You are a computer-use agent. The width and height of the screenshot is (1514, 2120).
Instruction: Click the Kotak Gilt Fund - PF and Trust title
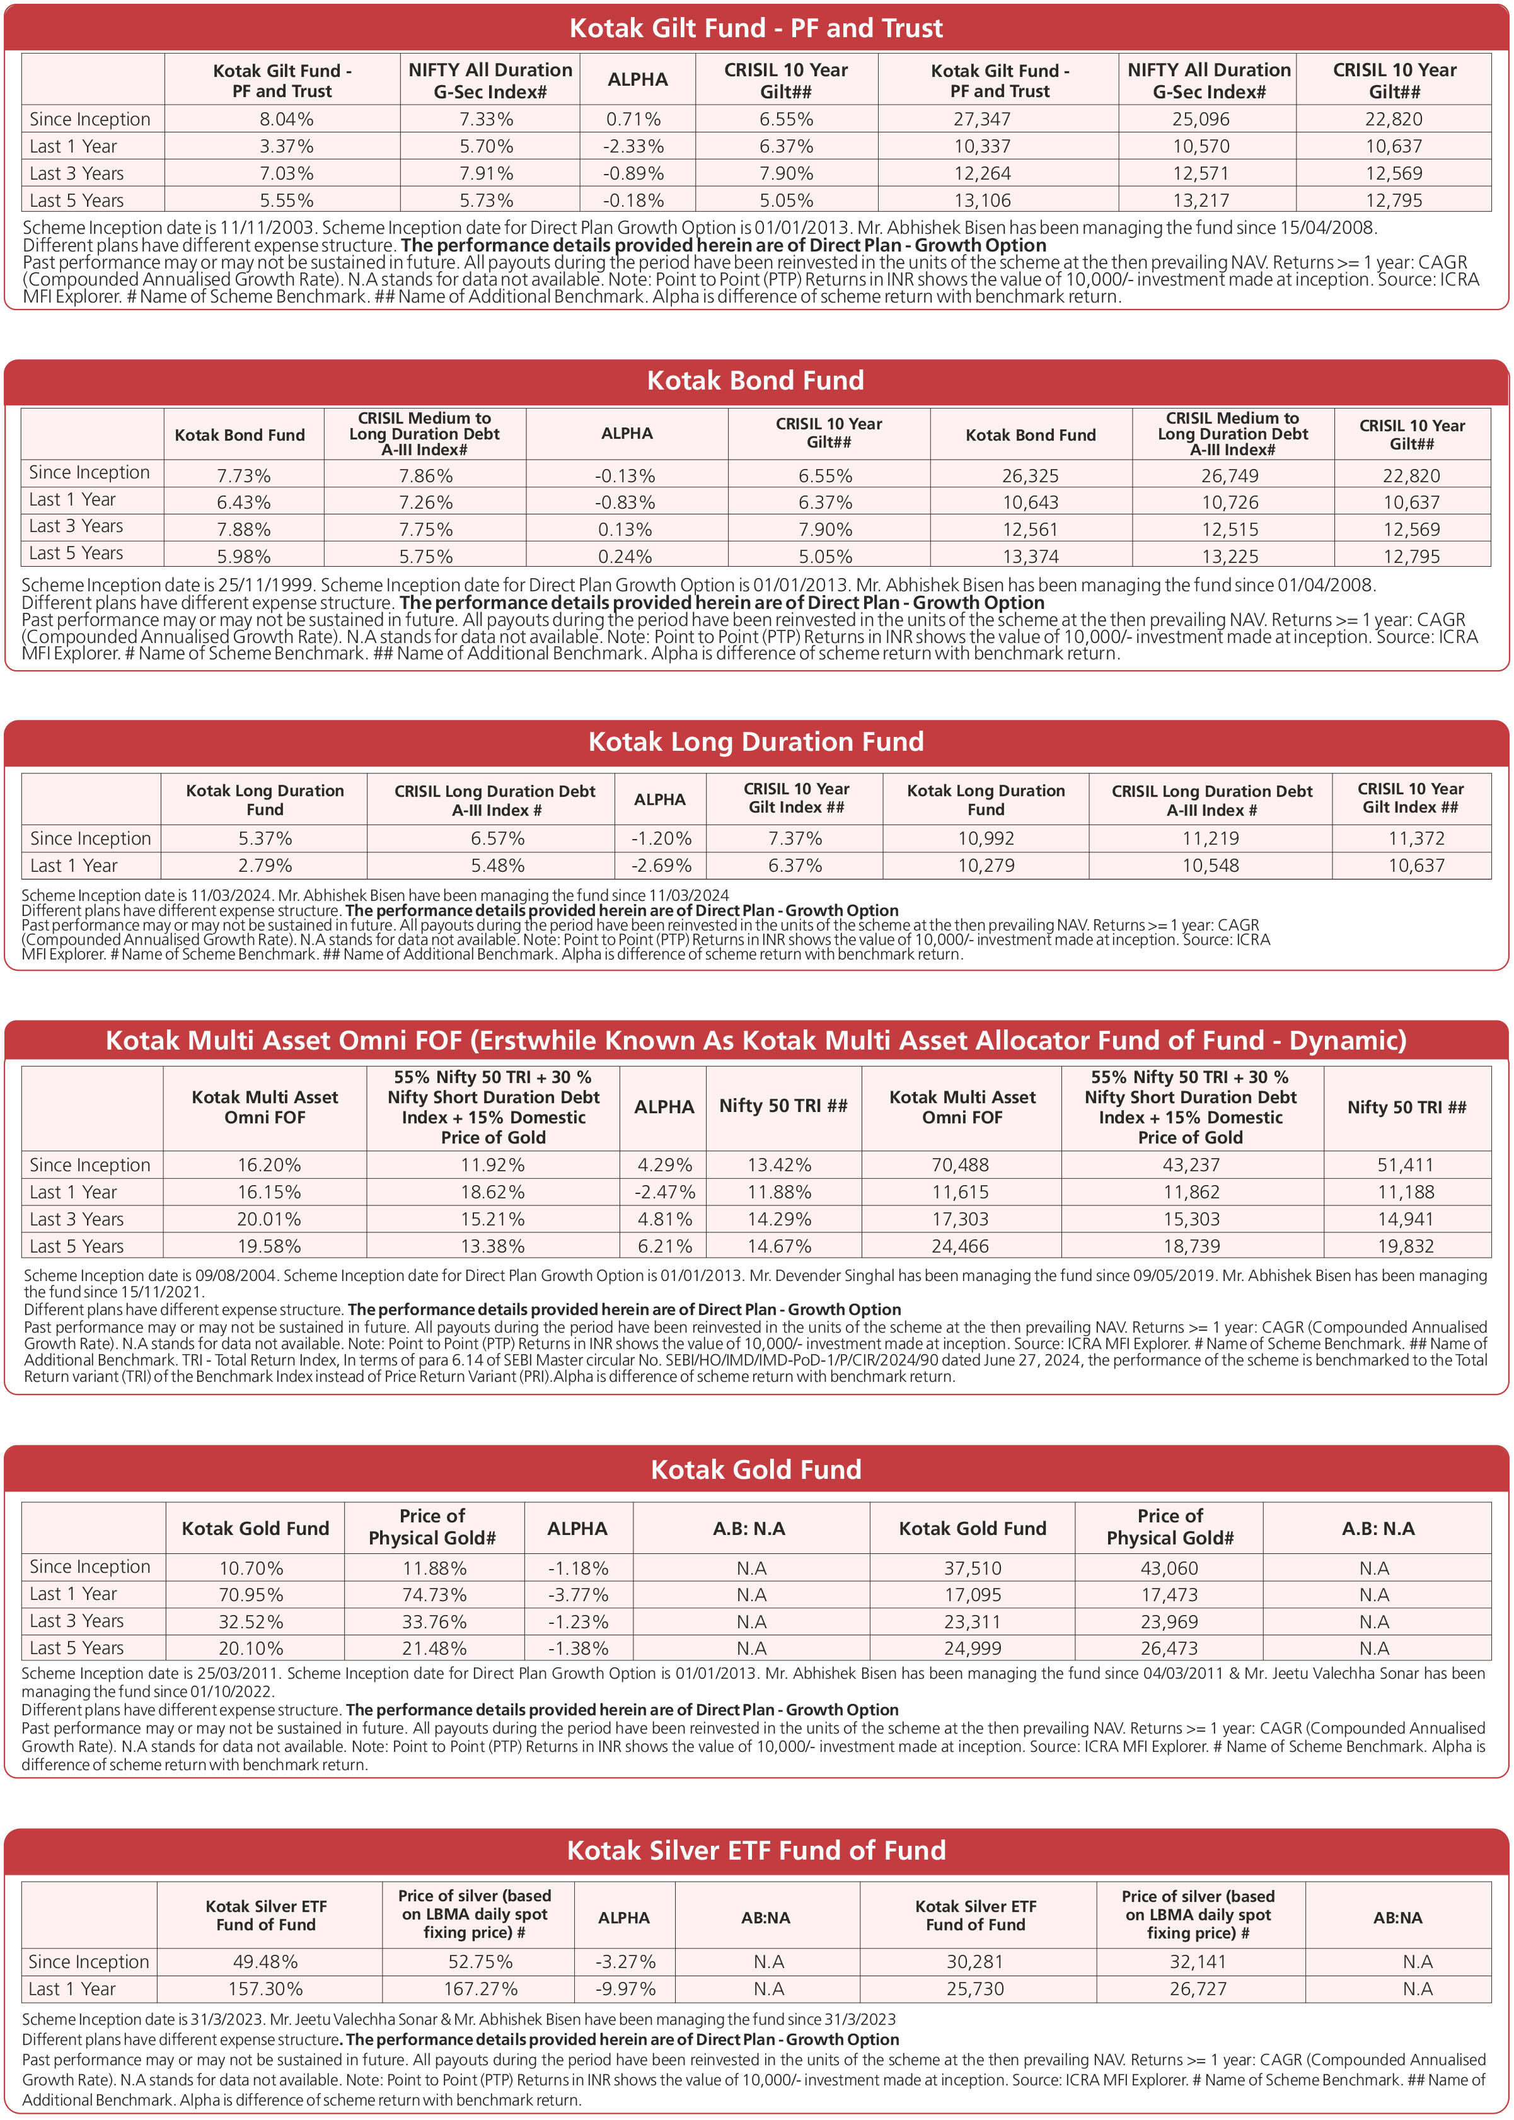pos(756,28)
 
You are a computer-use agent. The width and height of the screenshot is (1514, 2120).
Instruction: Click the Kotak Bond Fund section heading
pos(756,380)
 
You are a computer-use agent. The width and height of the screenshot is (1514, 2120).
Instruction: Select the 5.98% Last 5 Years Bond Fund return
pos(243,557)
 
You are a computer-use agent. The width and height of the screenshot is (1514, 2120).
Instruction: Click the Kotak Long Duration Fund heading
pos(756,742)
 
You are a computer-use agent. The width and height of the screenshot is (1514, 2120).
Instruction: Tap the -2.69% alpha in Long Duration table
pos(659,865)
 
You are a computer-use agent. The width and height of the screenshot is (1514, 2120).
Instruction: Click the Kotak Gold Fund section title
pos(756,1470)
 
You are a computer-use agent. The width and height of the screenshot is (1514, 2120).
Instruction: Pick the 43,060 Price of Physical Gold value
pos(1169,1568)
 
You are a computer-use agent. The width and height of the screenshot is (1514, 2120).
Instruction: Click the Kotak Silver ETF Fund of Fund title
pos(756,1851)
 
